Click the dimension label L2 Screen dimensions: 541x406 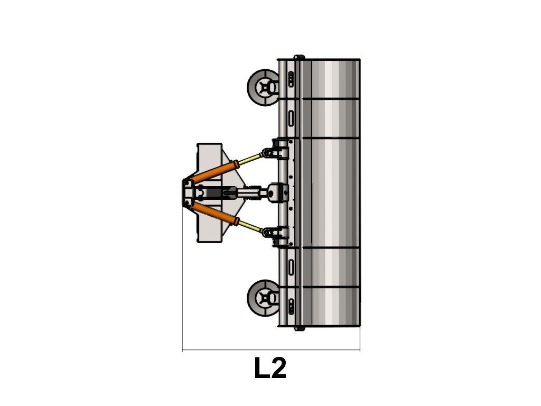[270, 368]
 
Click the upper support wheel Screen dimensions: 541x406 [263, 88]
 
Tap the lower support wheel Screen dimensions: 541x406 [263, 298]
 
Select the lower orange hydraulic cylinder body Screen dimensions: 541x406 [213, 214]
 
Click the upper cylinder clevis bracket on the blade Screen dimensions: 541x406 [276, 150]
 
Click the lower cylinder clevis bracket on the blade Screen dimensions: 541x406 [276, 236]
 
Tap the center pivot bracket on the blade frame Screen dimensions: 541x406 [278, 193]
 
